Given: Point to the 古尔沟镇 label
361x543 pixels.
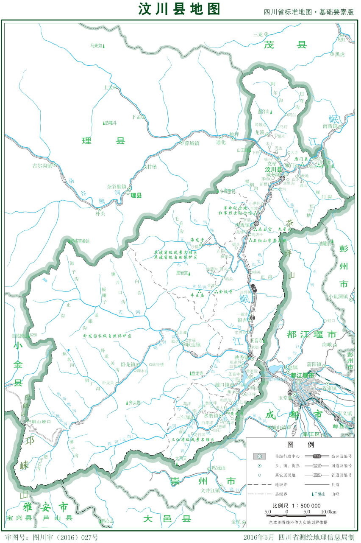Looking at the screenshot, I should pyautogui.click(x=42, y=165).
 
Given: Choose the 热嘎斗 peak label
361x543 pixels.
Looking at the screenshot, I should pyautogui.click(x=111, y=123).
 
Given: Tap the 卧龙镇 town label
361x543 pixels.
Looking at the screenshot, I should pyautogui.click(x=127, y=364).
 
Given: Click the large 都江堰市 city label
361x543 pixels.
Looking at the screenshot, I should pyautogui.click(x=311, y=335).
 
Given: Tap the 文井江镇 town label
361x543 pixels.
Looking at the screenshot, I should pyautogui.click(x=210, y=490).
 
